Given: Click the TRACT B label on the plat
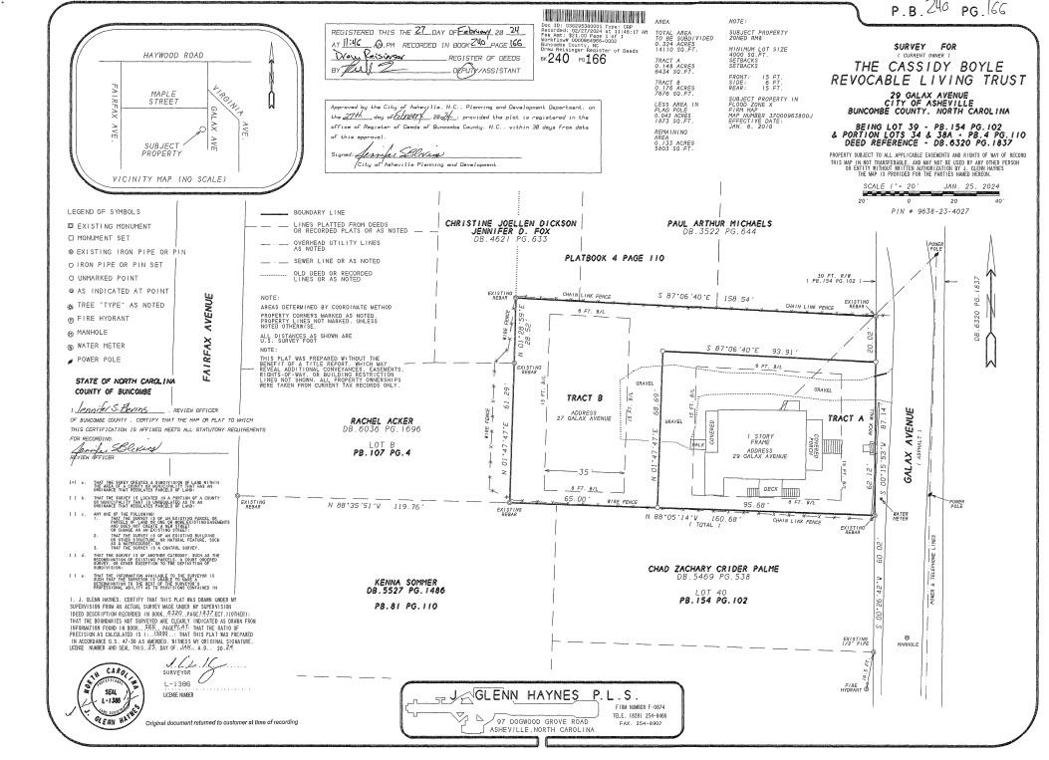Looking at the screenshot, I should (x=579, y=397).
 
